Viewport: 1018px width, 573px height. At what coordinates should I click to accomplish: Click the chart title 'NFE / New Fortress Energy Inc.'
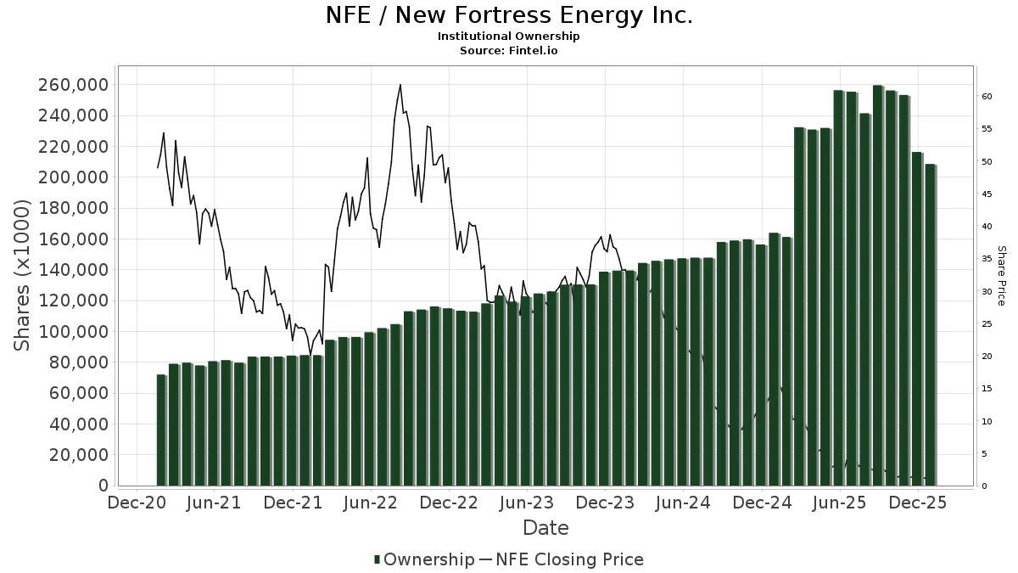[x=509, y=15]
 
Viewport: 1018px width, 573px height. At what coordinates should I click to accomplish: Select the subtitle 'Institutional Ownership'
[x=509, y=37]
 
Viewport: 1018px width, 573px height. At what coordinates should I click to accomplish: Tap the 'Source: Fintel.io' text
[x=509, y=51]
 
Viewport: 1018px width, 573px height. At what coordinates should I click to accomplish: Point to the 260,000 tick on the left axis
[x=71, y=85]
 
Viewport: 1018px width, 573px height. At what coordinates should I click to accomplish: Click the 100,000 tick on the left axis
[x=71, y=332]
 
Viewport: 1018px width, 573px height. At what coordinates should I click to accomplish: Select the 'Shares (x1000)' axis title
[x=23, y=275]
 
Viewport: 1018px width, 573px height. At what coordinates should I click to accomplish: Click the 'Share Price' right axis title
[x=1001, y=275]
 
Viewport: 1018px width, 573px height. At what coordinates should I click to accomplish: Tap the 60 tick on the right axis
[x=987, y=97]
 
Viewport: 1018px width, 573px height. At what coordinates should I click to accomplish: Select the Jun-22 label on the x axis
[x=371, y=503]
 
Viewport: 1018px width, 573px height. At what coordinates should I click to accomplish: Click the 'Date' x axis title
[x=545, y=528]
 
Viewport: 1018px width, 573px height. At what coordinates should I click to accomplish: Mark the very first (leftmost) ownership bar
[x=161, y=430]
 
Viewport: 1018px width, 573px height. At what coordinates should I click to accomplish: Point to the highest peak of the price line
[x=400, y=85]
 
